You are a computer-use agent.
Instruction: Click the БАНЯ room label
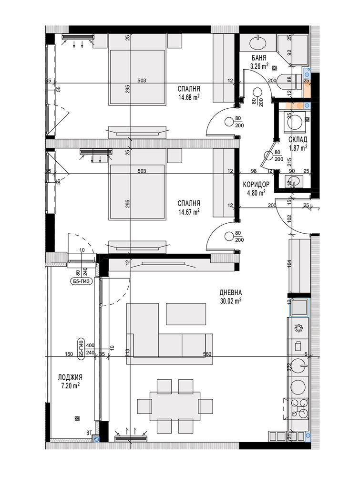[259, 58]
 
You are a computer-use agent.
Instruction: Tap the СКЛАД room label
[298, 140]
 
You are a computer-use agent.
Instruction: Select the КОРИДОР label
[256, 184]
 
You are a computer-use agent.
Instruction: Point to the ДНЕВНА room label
[230, 293]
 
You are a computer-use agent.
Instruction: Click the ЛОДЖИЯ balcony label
[70, 377]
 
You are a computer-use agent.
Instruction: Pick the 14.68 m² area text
[189, 97]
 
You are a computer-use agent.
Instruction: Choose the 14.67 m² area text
[189, 211]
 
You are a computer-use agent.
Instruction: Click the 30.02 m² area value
[230, 301]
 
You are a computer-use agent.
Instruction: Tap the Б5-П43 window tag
[81, 281]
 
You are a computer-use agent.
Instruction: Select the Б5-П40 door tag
[82, 349]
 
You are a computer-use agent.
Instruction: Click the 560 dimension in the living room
[207, 354]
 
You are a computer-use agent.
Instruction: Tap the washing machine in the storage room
[294, 122]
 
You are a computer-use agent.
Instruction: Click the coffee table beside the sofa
[186, 314]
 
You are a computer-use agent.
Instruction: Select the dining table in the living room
[175, 405]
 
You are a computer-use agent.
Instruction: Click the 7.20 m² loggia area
[70, 385]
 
